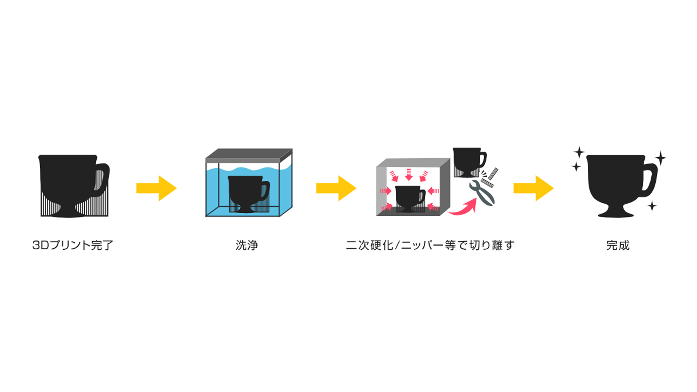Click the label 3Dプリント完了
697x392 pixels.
click(x=73, y=245)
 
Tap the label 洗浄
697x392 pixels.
click(x=247, y=245)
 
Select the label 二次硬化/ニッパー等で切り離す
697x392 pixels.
click(x=430, y=245)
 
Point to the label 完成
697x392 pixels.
click(x=618, y=245)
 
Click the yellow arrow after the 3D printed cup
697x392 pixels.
click(x=156, y=188)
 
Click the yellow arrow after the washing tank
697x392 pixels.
click(x=336, y=188)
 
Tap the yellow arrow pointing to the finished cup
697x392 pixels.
click(x=533, y=188)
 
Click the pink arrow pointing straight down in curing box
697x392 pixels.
click(x=409, y=175)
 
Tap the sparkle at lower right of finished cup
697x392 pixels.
click(x=652, y=206)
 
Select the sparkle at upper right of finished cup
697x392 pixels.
click(x=661, y=158)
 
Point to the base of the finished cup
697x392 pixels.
click(x=616, y=213)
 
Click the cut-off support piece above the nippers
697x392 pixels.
click(x=493, y=174)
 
